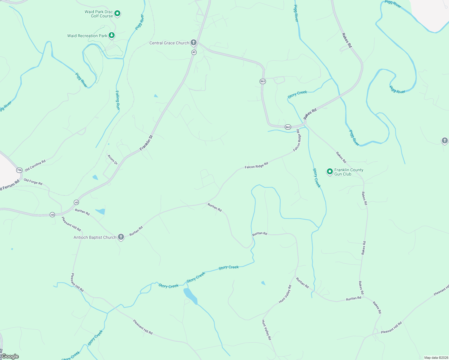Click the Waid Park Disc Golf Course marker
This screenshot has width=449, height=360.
tap(118, 13)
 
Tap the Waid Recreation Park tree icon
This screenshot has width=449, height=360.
tap(112, 35)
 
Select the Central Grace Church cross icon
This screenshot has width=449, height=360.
tap(194, 43)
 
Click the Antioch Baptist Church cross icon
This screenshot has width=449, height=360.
tap(121, 237)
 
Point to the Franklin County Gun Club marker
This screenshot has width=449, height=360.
tap(330, 172)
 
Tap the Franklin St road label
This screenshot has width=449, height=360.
tap(146, 143)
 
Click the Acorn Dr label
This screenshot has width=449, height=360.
tap(113, 159)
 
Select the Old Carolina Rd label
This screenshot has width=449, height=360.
tap(35, 165)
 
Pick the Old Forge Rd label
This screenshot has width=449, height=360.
tap(33, 182)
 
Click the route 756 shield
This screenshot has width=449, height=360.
tap(19, 170)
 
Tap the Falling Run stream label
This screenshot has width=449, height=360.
tap(118, 100)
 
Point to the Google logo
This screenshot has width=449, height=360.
tap(10, 356)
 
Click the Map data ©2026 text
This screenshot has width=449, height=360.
tap(436, 358)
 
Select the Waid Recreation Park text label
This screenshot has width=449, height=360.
tap(87, 36)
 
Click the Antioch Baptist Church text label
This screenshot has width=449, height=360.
tap(95, 237)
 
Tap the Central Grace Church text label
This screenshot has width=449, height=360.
tap(169, 43)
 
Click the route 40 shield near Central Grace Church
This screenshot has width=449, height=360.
tap(194, 52)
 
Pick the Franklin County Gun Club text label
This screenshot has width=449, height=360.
tap(349, 172)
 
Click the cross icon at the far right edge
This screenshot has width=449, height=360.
tap(445, 140)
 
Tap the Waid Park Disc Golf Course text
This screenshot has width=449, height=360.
tap(99, 14)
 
